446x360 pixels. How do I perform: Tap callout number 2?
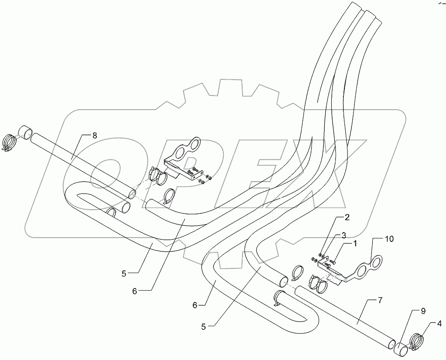[x=347, y=217]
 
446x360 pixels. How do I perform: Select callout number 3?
[x=344, y=235]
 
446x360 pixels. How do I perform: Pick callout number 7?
[x=379, y=301]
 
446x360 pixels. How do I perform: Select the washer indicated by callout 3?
[x=323, y=256]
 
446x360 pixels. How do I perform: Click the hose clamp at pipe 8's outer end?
[x=10, y=142]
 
